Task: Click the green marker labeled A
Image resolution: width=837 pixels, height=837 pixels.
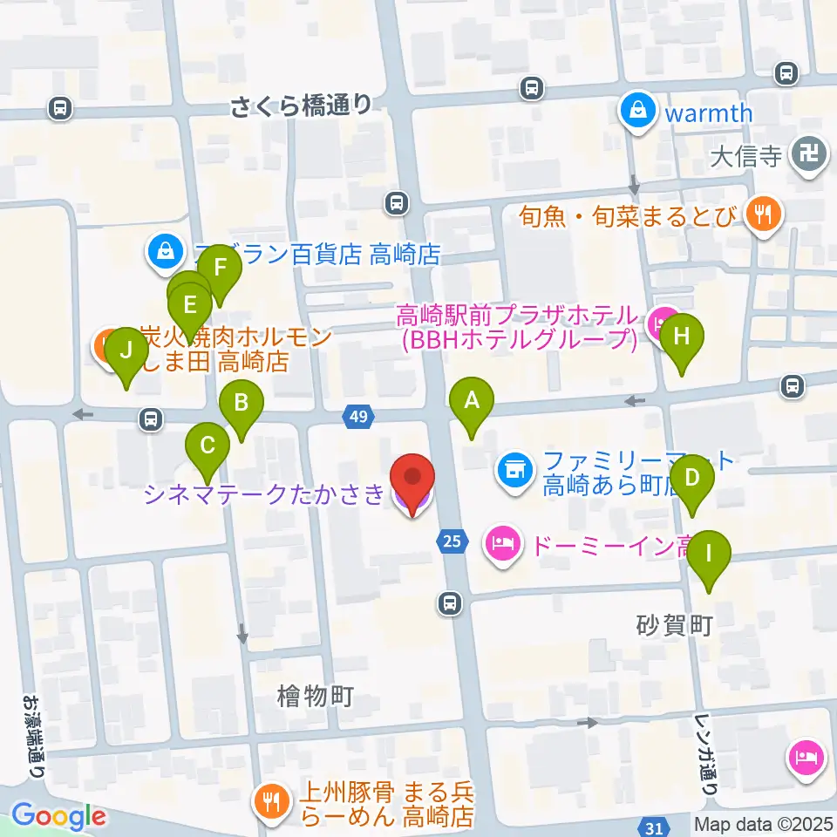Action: click(x=472, y=402)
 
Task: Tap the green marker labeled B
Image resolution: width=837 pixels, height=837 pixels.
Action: click(x=242, y=404)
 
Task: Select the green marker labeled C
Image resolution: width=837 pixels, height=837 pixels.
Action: click(x=208, y=446)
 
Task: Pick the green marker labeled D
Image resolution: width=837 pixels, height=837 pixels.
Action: click(x=692, y=479)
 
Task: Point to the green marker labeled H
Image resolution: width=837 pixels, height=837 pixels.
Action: click(x=682, y=336)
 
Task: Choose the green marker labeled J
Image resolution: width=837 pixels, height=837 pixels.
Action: click(x=126, y=351)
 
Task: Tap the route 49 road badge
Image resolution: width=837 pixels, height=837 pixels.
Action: click(x=357, y=418)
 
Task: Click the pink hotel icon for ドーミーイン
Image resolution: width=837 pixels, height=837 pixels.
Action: click(x=501, y=547)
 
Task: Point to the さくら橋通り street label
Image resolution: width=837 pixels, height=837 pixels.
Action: click(x=302, y=106)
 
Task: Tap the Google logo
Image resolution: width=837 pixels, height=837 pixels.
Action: click(x=58, y=816)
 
